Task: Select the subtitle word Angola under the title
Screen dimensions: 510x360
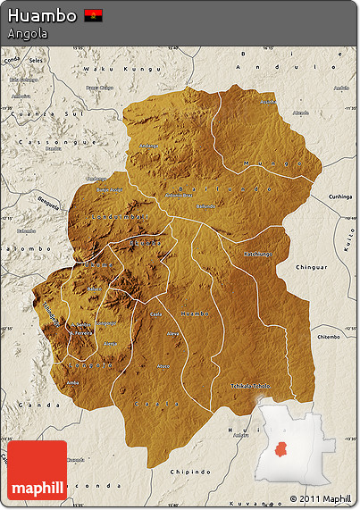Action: pos(27,34)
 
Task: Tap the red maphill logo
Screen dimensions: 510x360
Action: pos(37,470)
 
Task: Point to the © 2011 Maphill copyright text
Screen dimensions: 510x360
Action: pos(320,498)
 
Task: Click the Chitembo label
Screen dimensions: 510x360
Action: pos(328,337)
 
